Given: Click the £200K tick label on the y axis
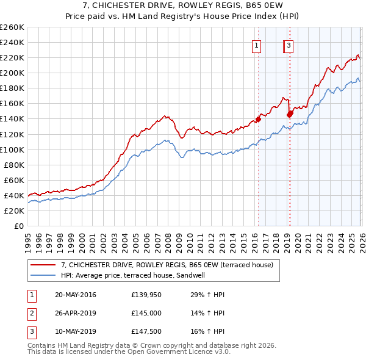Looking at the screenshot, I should (x=12, y=73).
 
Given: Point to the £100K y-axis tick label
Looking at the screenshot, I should (x=12, y=149).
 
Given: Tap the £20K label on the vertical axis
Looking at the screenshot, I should (x=14, y=211).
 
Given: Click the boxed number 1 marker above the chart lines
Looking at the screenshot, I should (x=257, y=45).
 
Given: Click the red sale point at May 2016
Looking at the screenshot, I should (x=258, y=120).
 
